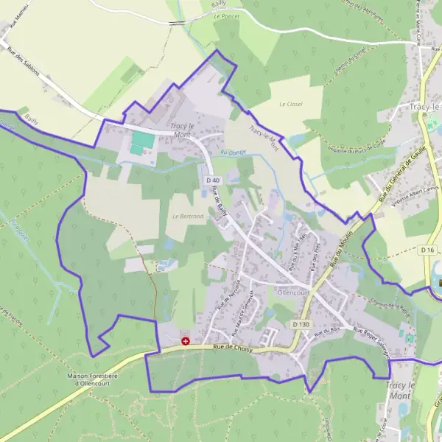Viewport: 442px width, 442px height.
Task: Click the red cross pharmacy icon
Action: (185, 342)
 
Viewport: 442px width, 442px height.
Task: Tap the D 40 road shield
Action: (213, 180)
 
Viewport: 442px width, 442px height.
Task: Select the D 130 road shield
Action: (300, 324)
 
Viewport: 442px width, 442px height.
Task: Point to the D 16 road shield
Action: (428, 250)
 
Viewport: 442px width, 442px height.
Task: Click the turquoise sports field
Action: (142, 142)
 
